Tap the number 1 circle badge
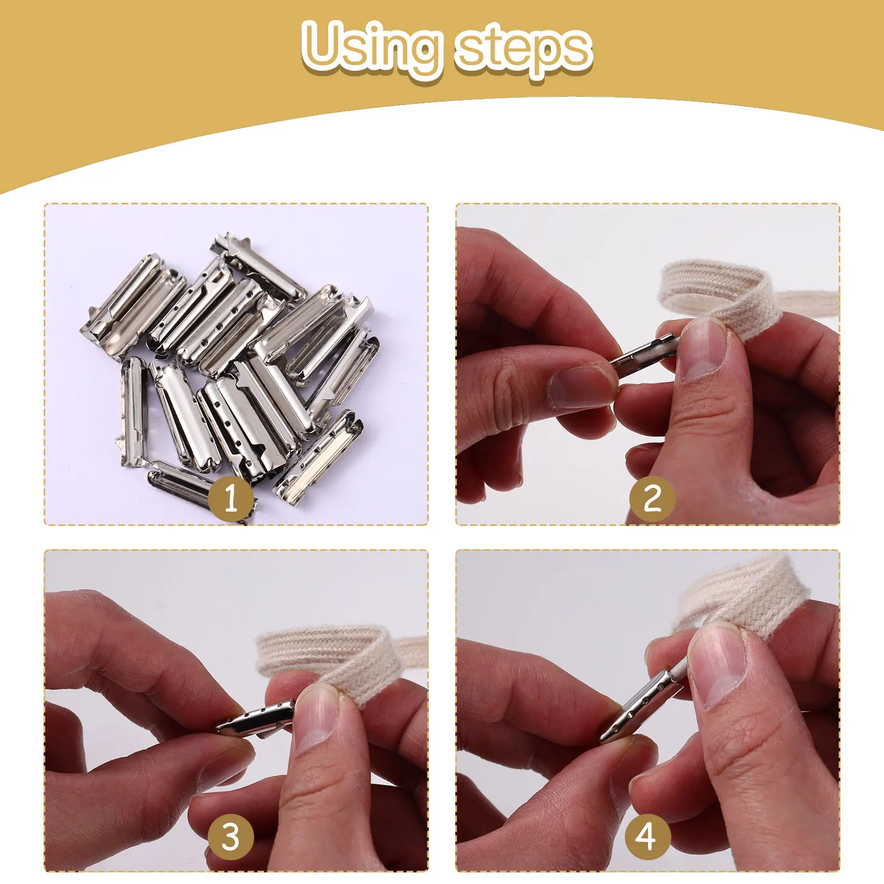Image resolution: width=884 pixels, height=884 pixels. coord(231,498)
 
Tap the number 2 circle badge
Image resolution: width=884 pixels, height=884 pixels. coord(652,498)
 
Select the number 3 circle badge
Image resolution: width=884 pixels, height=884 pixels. coord(231,836)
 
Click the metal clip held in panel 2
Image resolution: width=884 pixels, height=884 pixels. coord(644,354)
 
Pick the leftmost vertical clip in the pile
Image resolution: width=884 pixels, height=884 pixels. coord(133,409)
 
